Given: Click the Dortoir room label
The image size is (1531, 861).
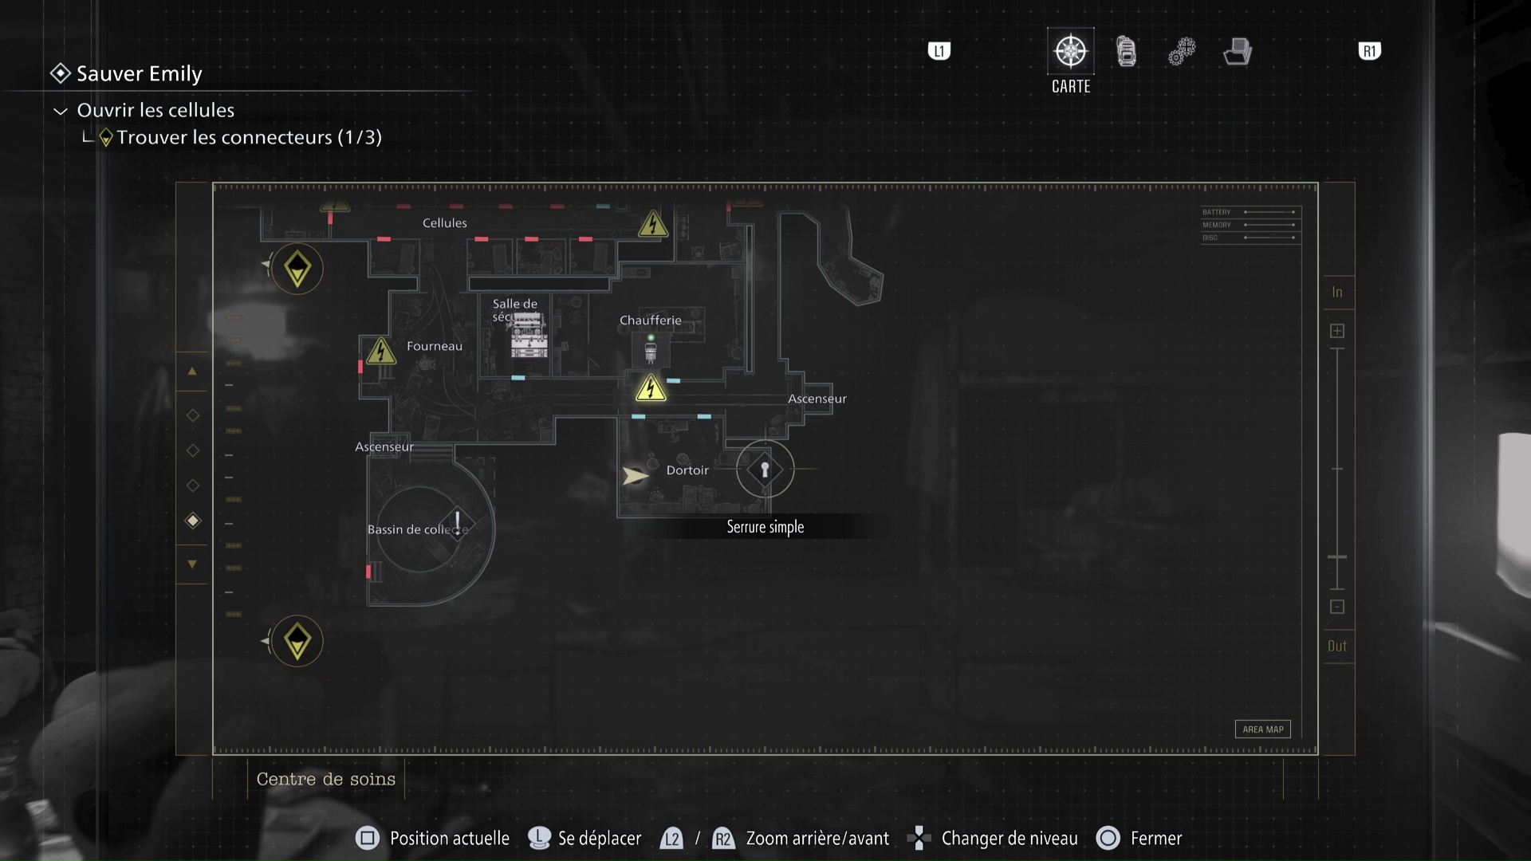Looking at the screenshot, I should (687, 470).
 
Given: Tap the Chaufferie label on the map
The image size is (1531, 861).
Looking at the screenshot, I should (651, 320).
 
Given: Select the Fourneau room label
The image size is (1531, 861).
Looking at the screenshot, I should (435, 346).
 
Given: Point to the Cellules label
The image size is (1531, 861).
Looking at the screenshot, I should (445, 223).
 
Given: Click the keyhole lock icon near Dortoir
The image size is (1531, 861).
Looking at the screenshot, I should (765, 470).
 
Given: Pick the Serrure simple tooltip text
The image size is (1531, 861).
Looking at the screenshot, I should (765, 527).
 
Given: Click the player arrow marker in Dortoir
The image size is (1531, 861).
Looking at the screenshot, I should (635, 476).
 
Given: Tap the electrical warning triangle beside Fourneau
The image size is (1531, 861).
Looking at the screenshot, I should (381, 351).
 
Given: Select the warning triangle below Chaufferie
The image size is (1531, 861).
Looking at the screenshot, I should (651, 388).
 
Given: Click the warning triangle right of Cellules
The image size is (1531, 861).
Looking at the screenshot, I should (653, 225).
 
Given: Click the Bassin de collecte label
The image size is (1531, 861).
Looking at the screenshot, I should (416, 529).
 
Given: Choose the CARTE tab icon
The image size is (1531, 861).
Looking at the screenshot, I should (1070, 52).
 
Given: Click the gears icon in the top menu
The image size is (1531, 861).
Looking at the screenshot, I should (1182, 52).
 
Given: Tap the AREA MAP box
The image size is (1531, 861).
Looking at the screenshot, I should (1263, 729).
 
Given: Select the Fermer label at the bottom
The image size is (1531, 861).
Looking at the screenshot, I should (1156, 839).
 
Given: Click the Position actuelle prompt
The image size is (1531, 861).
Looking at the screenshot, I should (449, 839).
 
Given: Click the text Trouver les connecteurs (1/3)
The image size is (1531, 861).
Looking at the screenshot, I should (249, 137).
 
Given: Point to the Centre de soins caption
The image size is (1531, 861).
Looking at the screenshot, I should (326, 780).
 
